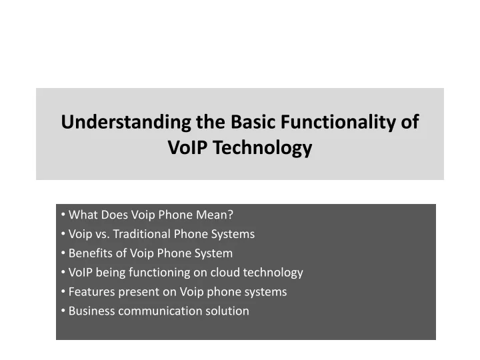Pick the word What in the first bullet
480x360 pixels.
[x=82, y=215]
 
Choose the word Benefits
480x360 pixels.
[x=90, y=253]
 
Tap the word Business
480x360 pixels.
[x=91, y=311]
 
